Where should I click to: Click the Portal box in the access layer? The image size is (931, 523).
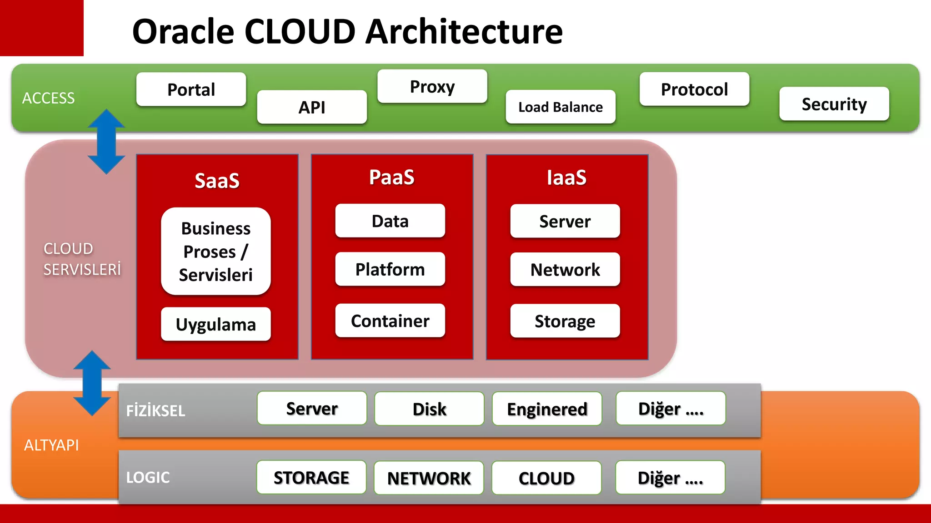(x=191, y=89)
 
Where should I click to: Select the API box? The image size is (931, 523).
(x=312, y=107)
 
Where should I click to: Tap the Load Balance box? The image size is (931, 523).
(x=561, y=107)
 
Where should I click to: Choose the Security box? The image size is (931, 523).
(x=834, y=104)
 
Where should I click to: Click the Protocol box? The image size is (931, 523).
(x=694, y=89)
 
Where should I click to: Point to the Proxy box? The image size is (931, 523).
(x=432, y=86)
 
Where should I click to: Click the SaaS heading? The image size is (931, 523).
(x=217, y=180)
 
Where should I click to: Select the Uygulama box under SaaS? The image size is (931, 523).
(x=216, y=324)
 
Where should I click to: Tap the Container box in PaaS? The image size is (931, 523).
(x=390, y=321)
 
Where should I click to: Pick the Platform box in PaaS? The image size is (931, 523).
(x=390, y=269)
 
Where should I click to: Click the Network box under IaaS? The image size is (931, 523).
(x=565, y=270)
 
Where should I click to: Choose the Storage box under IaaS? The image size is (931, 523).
(x=565, y=321)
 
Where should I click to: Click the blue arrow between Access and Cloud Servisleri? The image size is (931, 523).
(x=106, y=142)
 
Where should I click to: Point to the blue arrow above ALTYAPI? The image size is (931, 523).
(x=92, y=383)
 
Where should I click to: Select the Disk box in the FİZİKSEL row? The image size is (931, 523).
(x=429, y=409)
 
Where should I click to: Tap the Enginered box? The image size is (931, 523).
(x=547, y=409)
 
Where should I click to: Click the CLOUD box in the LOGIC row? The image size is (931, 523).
(x=546, y=478)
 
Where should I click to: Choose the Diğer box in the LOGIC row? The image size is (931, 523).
(x=670, y=478)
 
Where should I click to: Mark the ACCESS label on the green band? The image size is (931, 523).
(x=49, y=98)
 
